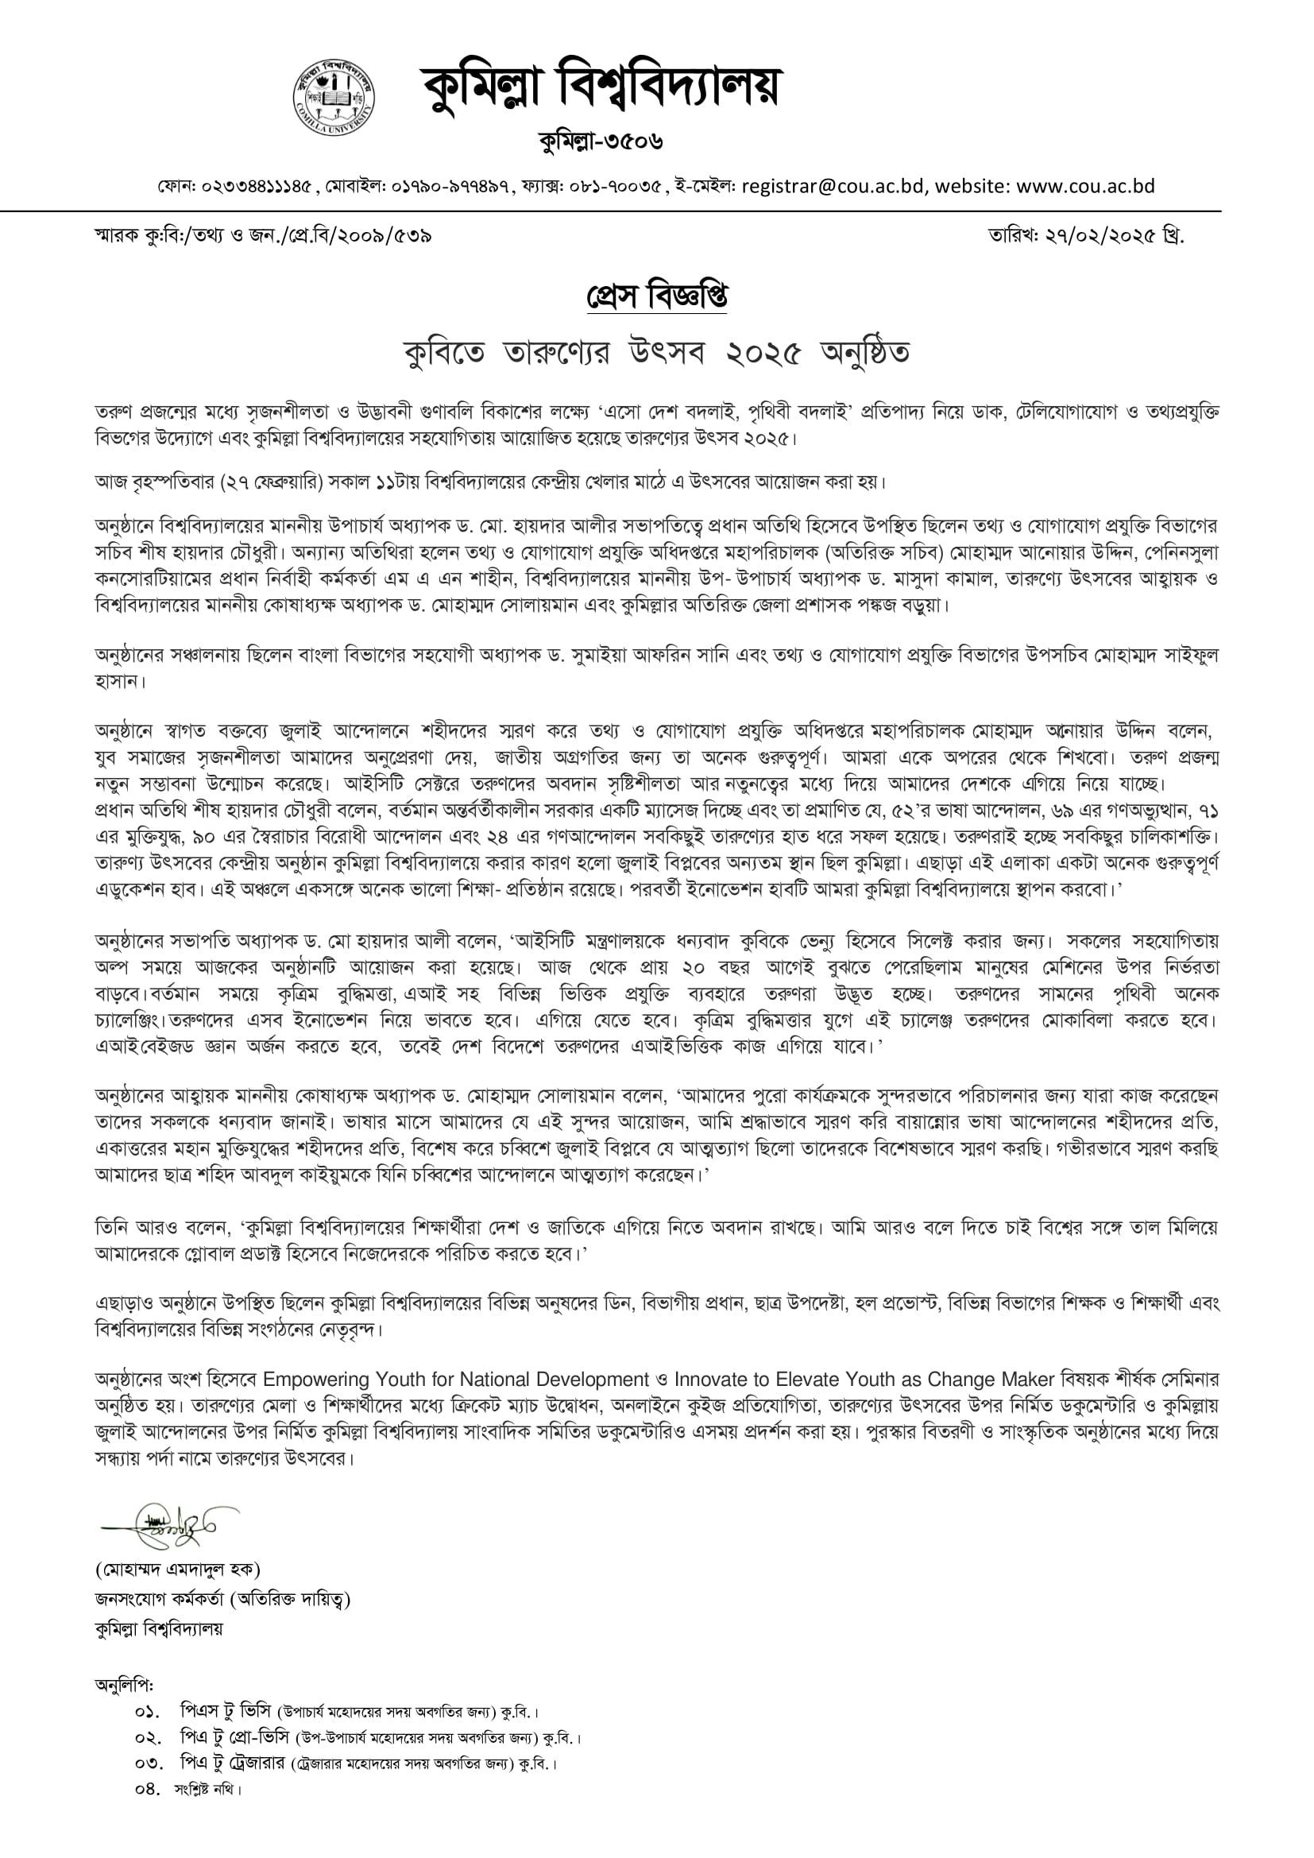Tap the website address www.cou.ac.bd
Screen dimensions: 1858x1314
click(x=1085, y=187)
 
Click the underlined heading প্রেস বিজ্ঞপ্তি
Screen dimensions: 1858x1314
click(x=656, y=297)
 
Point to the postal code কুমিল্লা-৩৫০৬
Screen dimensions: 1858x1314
click(x=601, y=142)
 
